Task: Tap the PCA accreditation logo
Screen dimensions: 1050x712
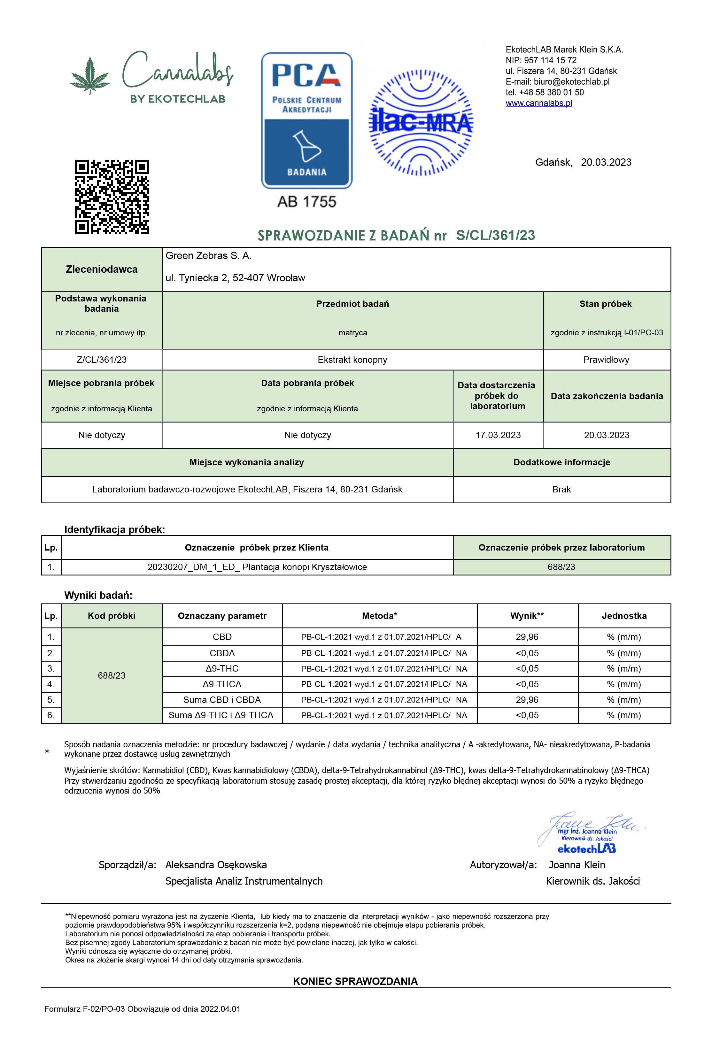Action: click(x=306, y=120)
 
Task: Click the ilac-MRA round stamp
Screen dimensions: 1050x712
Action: click(x=421, y=122)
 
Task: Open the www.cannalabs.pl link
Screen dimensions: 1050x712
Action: click(x=538, y=103)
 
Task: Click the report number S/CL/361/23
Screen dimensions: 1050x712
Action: click(x=495, y=235)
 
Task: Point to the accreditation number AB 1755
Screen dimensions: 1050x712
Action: click(x=306, y=202)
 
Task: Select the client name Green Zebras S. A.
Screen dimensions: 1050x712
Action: click(x=208, y=256)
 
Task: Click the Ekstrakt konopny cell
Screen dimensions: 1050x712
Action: click(x=352, y=360)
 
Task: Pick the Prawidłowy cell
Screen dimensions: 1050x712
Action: click(x=606, y=360)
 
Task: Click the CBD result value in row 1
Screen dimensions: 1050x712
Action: click(x=527, y=637)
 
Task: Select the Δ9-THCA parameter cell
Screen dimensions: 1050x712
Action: click(x=222, y=684)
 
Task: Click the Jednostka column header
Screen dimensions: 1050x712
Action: click(x=624, y=616)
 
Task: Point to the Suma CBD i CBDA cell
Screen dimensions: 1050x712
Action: click(x=222, y=700)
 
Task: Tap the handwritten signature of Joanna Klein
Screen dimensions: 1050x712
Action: click(x=588, y=826)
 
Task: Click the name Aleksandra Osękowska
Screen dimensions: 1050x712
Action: click(x=216, y=865)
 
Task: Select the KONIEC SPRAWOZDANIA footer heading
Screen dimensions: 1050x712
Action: click(x=355, y=981)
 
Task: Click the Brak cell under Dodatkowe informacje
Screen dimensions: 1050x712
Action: click(x=561, y=489)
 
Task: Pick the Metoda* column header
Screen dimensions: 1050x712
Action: click(x=379, y=616)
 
